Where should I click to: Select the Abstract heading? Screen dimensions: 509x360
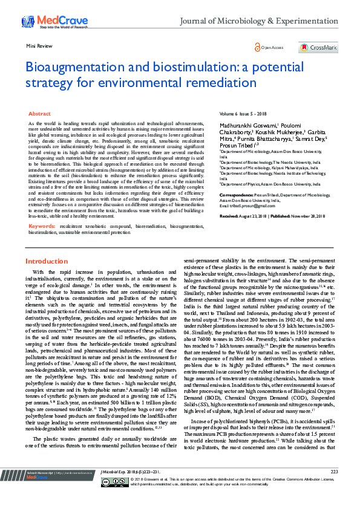[x=39, y=114]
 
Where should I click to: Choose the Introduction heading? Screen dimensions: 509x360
[x=47, y=261]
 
